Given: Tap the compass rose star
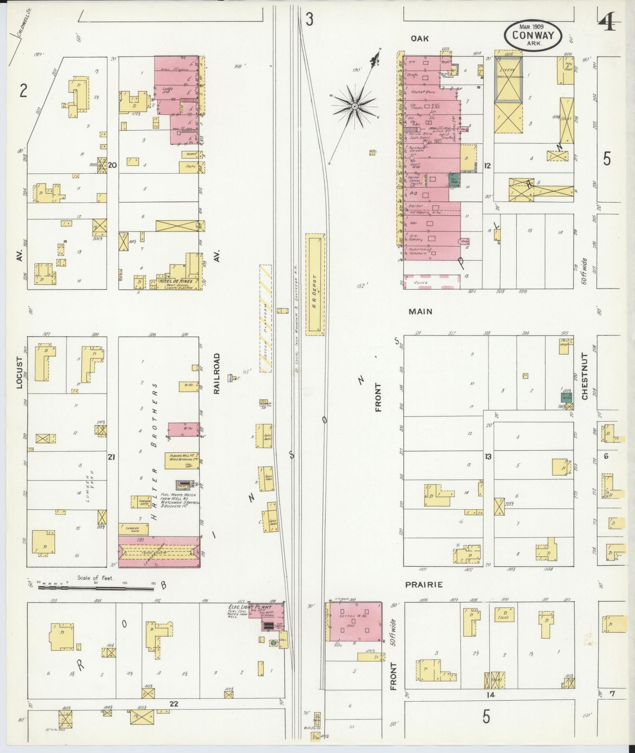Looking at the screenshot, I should pyautogui.click(x=354, y=107).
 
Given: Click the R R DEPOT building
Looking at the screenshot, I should pyautogui.click(x=315, y=284).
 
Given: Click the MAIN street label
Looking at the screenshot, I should pyautogui.click(x=420, y=311).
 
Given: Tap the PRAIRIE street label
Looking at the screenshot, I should pyautogui.click(x=424, y=585).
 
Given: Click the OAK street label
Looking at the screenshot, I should pyautogui.click(x=420, y=39).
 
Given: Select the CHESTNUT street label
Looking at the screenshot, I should pyautogui.click(x=585, y=376).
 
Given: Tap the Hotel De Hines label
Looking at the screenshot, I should pyautogui.click(x=176, y=281).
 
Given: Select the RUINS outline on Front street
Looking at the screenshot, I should pyautogui.click(x=432, y=282).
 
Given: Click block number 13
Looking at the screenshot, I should pyautogui.click(x=488, y=457).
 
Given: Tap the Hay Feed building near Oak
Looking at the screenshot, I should pyautogui.click(x=565, y=70).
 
